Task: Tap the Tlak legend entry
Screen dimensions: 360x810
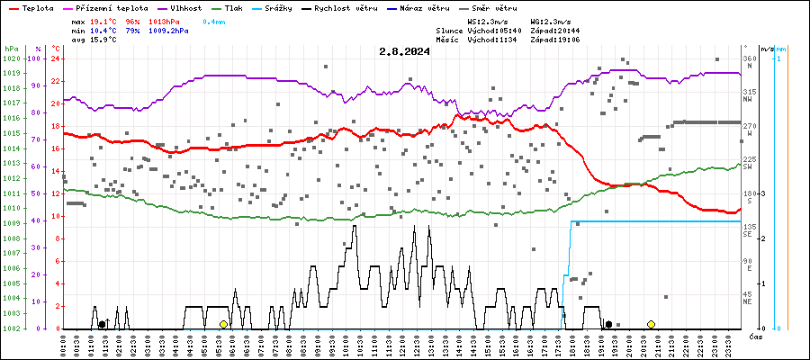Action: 233,7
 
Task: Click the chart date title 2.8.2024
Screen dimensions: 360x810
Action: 404,51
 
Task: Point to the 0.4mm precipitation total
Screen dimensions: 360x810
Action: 213,20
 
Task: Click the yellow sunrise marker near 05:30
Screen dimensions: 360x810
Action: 223,324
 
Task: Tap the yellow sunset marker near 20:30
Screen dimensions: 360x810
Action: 651,324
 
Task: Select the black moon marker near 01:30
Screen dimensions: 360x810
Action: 102,324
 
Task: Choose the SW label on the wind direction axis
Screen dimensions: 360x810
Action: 747,166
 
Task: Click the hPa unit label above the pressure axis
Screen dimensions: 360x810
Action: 10,48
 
